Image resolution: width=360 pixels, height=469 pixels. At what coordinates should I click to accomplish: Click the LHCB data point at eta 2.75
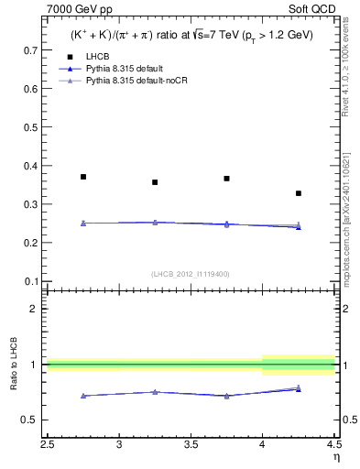pyautogui.click(x=83, y=177)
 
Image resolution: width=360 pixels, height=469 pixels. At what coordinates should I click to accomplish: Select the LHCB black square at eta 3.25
pyautogui.click(x=155, y=182)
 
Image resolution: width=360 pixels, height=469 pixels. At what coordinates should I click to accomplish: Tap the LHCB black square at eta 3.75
pyautogui.click(x=226, y=179)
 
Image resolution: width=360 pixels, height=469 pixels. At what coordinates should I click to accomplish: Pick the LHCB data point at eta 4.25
pyautogui.click(x=298, y=193)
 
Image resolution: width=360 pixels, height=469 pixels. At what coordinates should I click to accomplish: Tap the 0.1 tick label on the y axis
pyautogui.click(x=34, y=281)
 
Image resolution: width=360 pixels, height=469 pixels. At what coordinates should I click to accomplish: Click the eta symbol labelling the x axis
pyautogui.click(x=335, y=457)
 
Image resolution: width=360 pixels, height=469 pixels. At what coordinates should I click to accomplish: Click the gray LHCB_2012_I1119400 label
pyautogui.click(x=191, y=274)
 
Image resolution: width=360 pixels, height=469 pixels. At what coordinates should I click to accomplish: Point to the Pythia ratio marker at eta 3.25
pyautogui.click(x=155, y=392)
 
